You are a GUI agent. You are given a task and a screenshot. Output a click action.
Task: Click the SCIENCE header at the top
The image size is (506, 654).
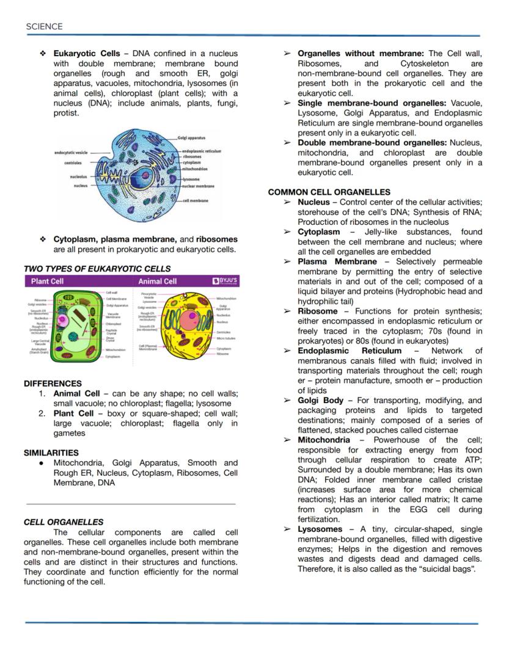click(44, 26)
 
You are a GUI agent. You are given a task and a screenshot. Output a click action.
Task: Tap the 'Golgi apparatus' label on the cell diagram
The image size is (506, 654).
click(191, 138)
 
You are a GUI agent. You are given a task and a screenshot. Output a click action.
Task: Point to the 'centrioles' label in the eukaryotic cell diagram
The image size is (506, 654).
click(73, 163)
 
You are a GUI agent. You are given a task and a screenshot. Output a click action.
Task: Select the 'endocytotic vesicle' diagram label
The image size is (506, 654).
click(71, 152)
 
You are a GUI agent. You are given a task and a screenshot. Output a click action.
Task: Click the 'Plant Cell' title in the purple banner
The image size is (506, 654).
click(48, 282)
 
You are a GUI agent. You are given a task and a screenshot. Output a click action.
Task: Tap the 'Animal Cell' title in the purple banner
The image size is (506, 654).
click(158, 282)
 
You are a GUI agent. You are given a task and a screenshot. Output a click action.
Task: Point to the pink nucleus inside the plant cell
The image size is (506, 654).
click(62, 321)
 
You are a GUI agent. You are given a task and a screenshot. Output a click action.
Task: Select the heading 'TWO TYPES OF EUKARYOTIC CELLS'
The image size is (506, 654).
click(97, 269)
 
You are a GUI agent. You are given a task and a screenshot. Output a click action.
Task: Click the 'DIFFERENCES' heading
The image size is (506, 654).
click(53, 383)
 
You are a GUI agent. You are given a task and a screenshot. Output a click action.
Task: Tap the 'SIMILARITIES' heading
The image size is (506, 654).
click(51, 452)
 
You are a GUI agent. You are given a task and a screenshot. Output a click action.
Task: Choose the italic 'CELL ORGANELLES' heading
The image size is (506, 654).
click(64, 522)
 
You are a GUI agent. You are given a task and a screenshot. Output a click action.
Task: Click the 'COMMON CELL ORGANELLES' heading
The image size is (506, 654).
click(329, 192)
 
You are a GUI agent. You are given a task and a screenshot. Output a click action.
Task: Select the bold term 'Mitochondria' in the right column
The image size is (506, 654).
click(324, 440)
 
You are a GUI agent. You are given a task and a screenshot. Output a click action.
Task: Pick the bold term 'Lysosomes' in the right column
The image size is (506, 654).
click(320, 529)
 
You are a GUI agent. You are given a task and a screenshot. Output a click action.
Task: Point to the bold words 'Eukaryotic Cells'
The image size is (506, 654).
click(86, 54)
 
